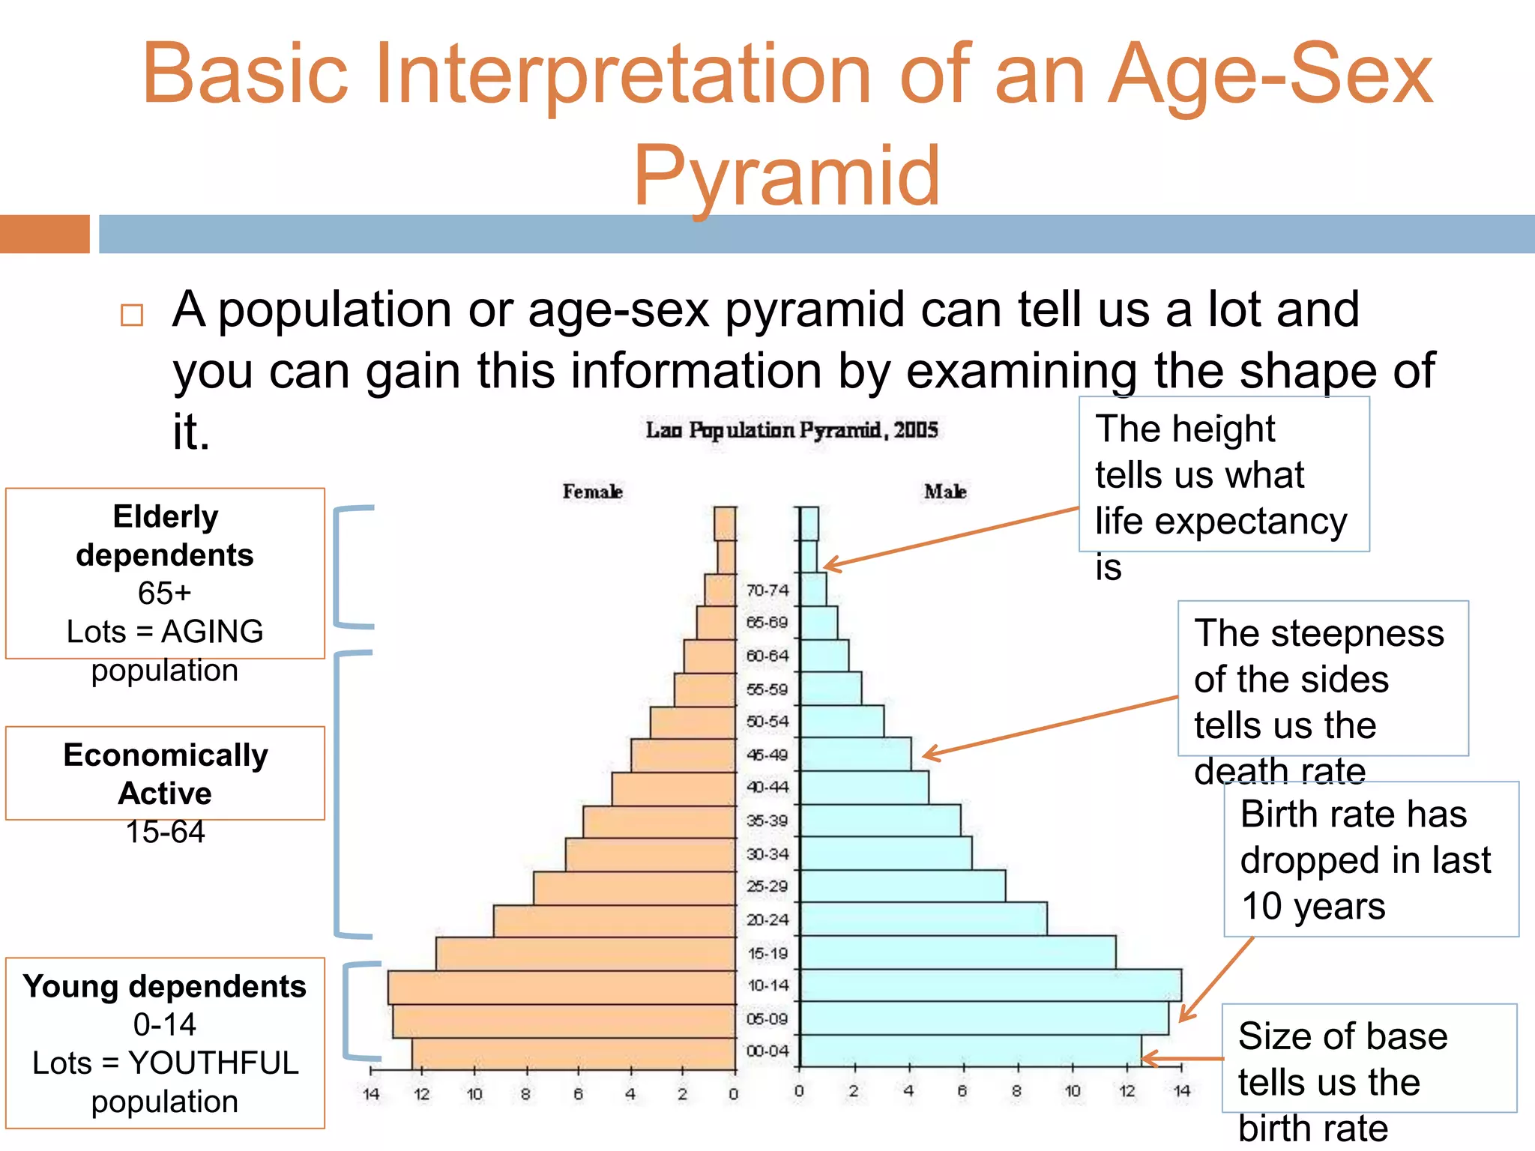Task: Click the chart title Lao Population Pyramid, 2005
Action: (791, 430)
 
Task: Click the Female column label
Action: (592, 492)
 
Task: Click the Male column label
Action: (944, 492)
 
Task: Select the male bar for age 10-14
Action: (989, 985)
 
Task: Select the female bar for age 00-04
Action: (573, 1054)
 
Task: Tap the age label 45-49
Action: (767, 755)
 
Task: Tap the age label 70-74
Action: (767, 590)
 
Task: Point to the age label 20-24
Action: (767, 919)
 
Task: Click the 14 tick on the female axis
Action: (371, 1094)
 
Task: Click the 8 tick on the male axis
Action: (1016, 1091)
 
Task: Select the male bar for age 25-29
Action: (902, 886)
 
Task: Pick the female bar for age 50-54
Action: (693, 722)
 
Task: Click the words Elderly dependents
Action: (165, 536)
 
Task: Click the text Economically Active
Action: (165, 773)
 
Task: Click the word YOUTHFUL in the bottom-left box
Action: (214, 1063)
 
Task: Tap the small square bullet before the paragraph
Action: (132, 315)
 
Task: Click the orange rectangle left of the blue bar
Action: (44, 234)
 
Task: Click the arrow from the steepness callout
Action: (1049, 725)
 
